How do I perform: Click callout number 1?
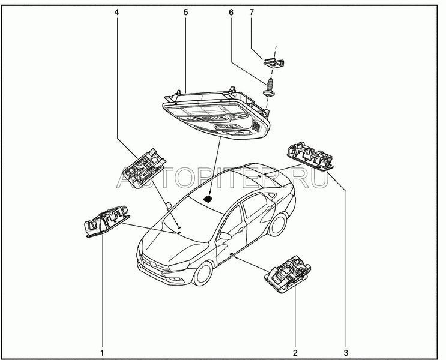[x=102, y=353]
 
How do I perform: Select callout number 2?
[x=295, y=353]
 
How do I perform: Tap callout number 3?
[x=346, y=353]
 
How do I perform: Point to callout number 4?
[x=117, y=12]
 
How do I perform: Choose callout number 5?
[x=185, y=12]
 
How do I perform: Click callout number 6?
[x=231, y=12]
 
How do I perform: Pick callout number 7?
[x=252, y=12]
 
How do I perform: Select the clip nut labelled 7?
[x=274, y=62]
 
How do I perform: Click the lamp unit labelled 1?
[x=107, y=221]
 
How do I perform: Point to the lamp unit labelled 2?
[x=288, y=274]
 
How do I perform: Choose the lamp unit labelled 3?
[x=310, y=157]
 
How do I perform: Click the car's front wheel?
[x=203, y=274]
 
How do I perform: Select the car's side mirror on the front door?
[x=225, y=236]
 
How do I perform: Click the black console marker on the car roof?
[x=208, y=199]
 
